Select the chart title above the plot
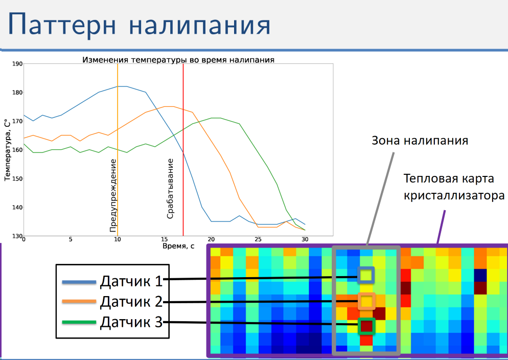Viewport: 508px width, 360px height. [x=178, y=60]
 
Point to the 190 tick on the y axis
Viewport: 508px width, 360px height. [x=17, y=64]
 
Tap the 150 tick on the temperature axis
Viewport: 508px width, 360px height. [x=17, y=178]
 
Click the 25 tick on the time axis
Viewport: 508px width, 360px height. [x=258, y=239]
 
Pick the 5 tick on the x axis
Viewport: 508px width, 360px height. [x=71, y=239]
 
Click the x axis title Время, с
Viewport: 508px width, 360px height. [x=178, y=246]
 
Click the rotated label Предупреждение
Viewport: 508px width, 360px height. [x=113, y=195]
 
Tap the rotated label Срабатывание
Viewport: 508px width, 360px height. [x=170, y=189]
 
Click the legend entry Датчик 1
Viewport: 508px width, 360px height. [x=131, y=281]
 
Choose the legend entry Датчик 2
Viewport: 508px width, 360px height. [x=131, y=302]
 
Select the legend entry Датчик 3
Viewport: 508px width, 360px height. [x=131, y=322]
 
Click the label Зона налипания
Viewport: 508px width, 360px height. [x=420, y=141]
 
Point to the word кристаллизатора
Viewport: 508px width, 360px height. [x=454, y=196]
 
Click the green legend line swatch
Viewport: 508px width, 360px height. [x=79, y=322]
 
